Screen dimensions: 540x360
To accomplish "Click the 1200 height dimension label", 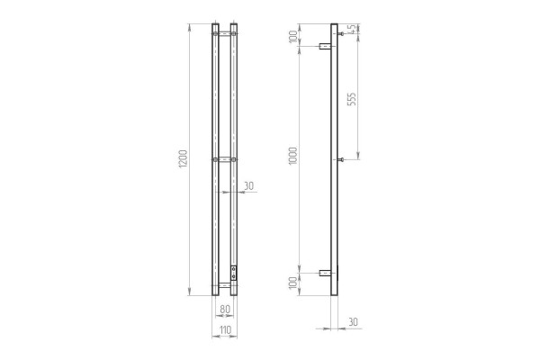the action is tap(183, 159).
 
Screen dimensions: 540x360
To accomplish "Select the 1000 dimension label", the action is tap(292, 156).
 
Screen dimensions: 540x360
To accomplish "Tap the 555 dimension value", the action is tap(352, 99).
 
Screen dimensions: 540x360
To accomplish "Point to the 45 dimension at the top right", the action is tap(352, 30).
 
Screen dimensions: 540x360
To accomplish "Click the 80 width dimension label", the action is tap(224, 309).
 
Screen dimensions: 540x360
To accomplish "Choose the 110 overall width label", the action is tap(225, 330).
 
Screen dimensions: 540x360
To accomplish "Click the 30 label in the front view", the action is tap(248, 185).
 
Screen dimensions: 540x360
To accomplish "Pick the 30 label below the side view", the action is tap(354, 322).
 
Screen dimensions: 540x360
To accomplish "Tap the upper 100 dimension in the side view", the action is tap(293, 37).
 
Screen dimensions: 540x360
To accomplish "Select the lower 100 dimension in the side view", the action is tap(293, 283).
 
